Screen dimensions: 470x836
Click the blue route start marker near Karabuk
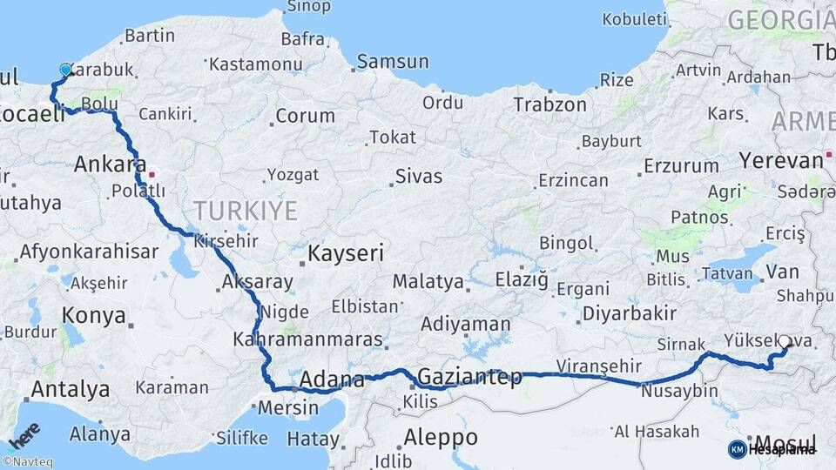[66, 70]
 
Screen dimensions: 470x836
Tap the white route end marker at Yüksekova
[784, 342]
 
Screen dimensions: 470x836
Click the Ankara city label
[110, 164]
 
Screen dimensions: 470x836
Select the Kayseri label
[346, 254]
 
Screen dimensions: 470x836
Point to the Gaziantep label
[469, 377]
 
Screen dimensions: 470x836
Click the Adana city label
[331, 380]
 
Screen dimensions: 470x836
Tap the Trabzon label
[549, 104]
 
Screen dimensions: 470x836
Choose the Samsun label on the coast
[393, 62]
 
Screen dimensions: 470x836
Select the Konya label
[94, 316]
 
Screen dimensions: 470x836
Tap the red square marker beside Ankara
[152, 173]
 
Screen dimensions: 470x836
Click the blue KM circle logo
[737, 449]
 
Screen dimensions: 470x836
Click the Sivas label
[419, 177]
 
